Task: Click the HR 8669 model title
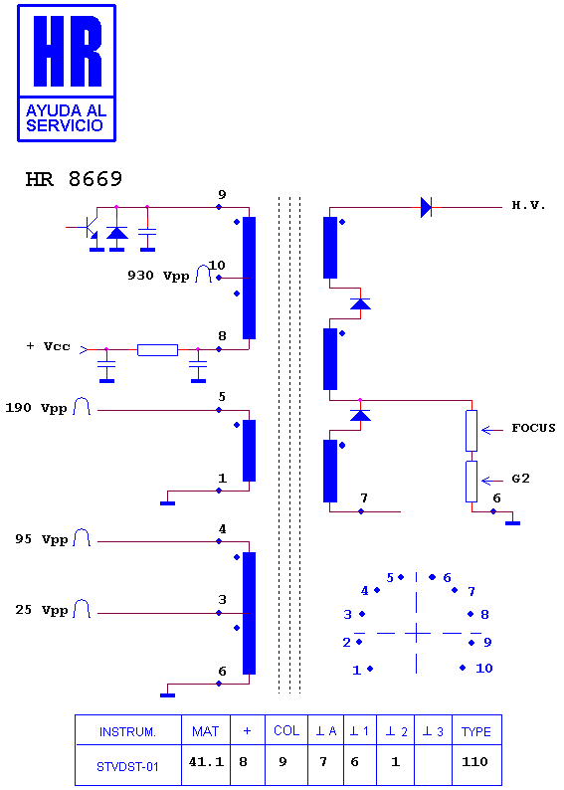74,179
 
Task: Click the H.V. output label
529,205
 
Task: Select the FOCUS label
533,428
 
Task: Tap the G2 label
520,479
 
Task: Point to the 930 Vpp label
158,275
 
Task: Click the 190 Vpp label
36,408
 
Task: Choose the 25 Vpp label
42,610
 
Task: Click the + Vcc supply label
49,346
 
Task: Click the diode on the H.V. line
426,207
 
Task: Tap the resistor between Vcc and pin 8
157,349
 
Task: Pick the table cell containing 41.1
206,762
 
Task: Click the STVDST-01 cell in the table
128,766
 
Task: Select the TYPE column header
475,731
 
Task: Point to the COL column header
286,730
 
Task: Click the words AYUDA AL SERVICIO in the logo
66,118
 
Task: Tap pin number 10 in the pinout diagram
484,669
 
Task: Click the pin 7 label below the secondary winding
364,498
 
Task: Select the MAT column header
206,731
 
